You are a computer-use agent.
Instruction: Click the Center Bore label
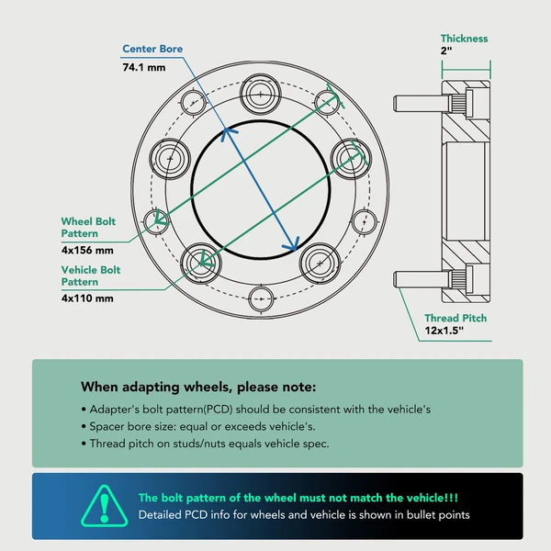[152, 49]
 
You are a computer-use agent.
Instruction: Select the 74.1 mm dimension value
[144, 67]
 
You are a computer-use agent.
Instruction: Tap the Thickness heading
[464, 39]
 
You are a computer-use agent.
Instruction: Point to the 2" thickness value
[446, 51]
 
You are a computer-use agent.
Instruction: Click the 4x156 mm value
[87, 250]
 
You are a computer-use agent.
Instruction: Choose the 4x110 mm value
[87, 298]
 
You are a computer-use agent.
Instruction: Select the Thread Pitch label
[455, 318]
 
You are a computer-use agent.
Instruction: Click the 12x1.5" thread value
[444, 331]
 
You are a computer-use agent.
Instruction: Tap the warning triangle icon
[105, 506]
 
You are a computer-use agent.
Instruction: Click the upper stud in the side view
[421, 104]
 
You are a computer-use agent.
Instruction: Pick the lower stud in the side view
[421, 279]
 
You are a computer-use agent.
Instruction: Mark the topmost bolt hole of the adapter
[261, 95]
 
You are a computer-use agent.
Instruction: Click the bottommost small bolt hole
[261, 299]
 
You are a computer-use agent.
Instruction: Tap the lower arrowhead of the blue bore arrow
[293, 244]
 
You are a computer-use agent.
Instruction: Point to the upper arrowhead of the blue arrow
[228, 134]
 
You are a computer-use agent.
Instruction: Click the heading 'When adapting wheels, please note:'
[198, 387]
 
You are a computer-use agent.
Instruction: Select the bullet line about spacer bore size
[198, 426]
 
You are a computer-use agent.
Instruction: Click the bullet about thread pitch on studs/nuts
[205, 444]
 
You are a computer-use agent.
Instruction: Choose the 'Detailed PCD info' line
[304, 515]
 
